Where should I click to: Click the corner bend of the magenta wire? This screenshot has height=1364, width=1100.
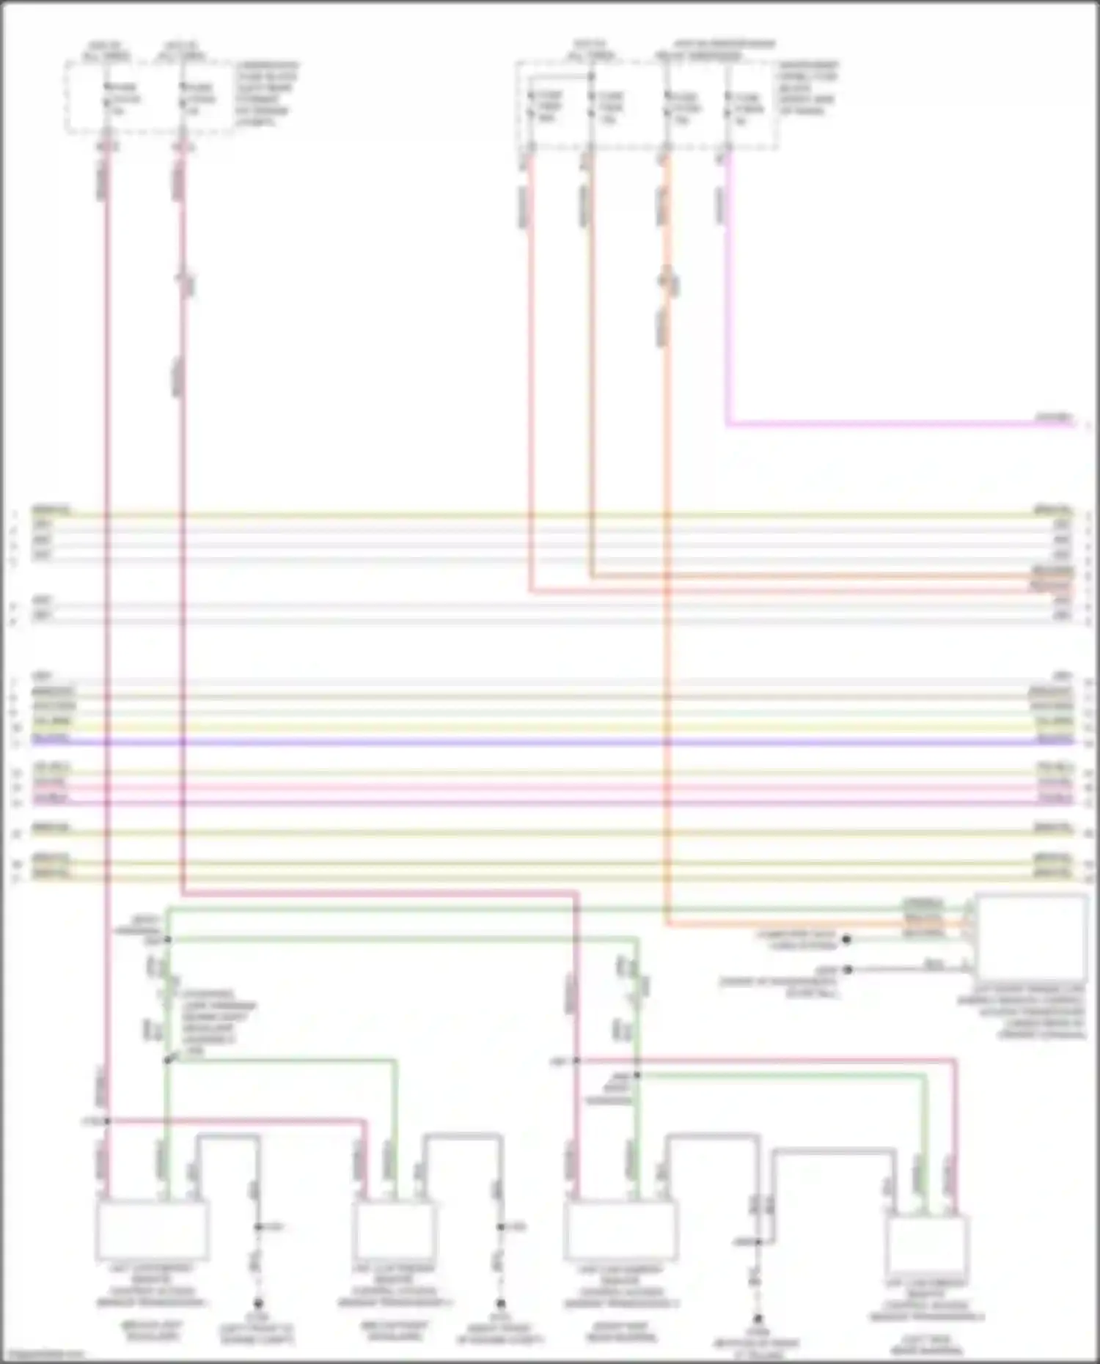coord(727,424)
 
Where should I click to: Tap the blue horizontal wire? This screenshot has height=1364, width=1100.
coord(550,742)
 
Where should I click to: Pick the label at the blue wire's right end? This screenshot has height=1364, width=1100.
coord(1054,739)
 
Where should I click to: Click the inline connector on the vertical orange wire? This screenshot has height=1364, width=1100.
coord(667,281)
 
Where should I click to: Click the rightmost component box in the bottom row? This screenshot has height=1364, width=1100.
coord(927,1245)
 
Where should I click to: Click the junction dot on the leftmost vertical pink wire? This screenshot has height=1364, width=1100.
coord(107,1121)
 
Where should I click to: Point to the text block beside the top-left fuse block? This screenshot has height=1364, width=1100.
coord(266,94)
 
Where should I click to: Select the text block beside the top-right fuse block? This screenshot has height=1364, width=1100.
coord(807,88)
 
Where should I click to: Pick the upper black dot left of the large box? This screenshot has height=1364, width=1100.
coord(846,939)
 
